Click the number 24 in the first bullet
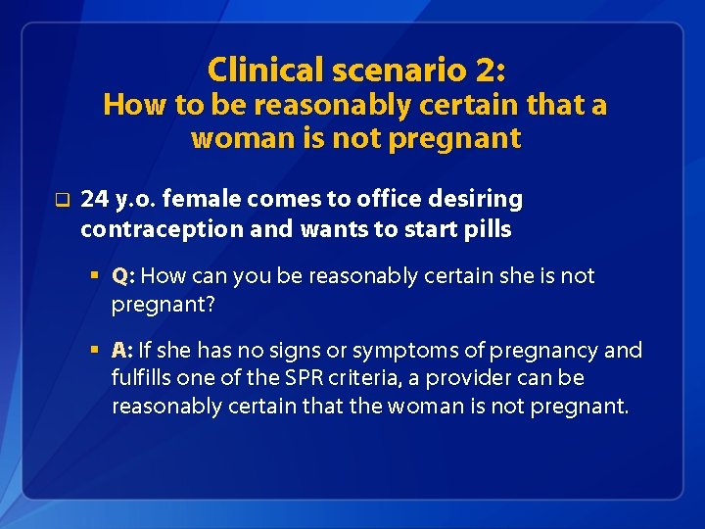click(x=94, y=200)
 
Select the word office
click(x=374, y=200)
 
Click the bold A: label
click(x=122, y=351)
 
